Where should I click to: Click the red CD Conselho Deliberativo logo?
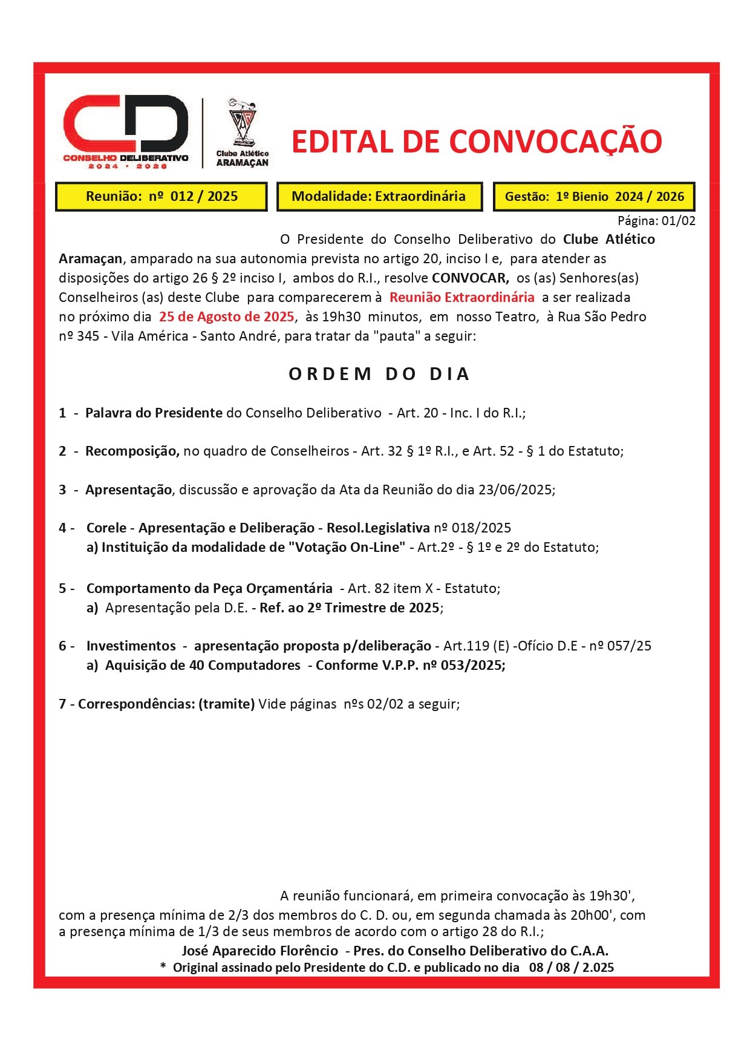(125, 130)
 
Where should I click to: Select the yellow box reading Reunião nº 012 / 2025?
(161, 197)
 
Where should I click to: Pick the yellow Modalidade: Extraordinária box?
(379, 197)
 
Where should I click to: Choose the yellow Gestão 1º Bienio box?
(594, 197)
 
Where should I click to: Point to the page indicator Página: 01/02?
(656, 221)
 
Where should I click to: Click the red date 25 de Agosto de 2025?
(226, 317)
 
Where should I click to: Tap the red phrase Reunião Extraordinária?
(461, 298)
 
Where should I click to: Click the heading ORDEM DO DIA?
(379, 375)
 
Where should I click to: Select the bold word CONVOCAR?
(470, 278)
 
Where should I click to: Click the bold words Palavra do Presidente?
(154, 413)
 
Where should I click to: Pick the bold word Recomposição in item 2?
(132, 451)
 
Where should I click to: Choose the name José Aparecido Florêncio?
(259, 951)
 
